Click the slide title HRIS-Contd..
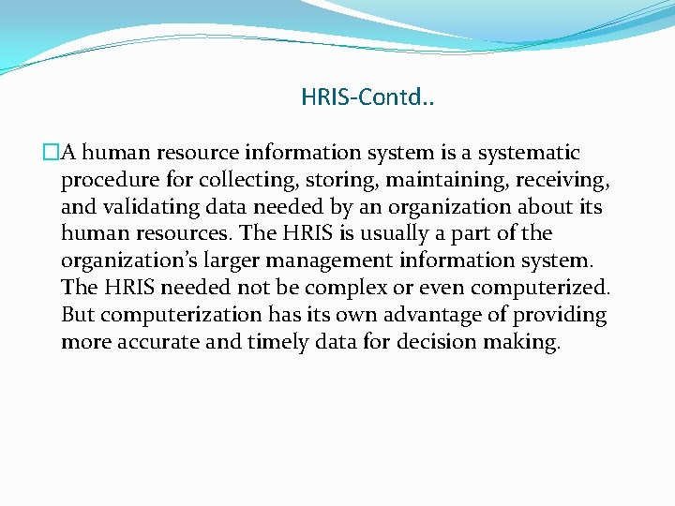[x=367, y=97]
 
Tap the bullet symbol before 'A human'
[x=50, y=153]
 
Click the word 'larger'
[x=272, y=260]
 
